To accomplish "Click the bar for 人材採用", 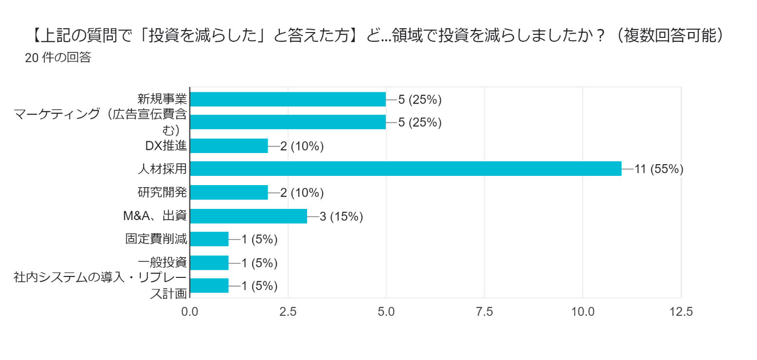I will coord(405,169).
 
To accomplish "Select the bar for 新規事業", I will coord(288,99).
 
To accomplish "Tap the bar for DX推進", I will coord(228,146).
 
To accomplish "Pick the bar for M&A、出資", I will coord(248,216).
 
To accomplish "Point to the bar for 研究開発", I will coord(228,192).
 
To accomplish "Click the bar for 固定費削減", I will coord(209,239).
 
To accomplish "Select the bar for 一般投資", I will coord(209,262).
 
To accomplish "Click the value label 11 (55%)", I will coord(659,169).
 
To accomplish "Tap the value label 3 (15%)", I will coord(342,216).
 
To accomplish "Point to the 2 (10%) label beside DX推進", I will coord(302,146).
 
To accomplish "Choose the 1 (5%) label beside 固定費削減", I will coord(259,240).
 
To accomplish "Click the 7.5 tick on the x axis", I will coord(484,311).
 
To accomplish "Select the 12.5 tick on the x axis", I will coord(681,311).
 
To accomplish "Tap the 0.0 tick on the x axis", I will coord(189,311).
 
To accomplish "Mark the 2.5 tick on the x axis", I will coord(288,311).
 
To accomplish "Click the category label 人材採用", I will coord(162,169).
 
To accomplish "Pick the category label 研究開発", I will coord(162,192).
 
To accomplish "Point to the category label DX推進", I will coord(166,146).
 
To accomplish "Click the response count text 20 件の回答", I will coord(58,57).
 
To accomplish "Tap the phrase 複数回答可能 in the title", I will coord(670,35).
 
